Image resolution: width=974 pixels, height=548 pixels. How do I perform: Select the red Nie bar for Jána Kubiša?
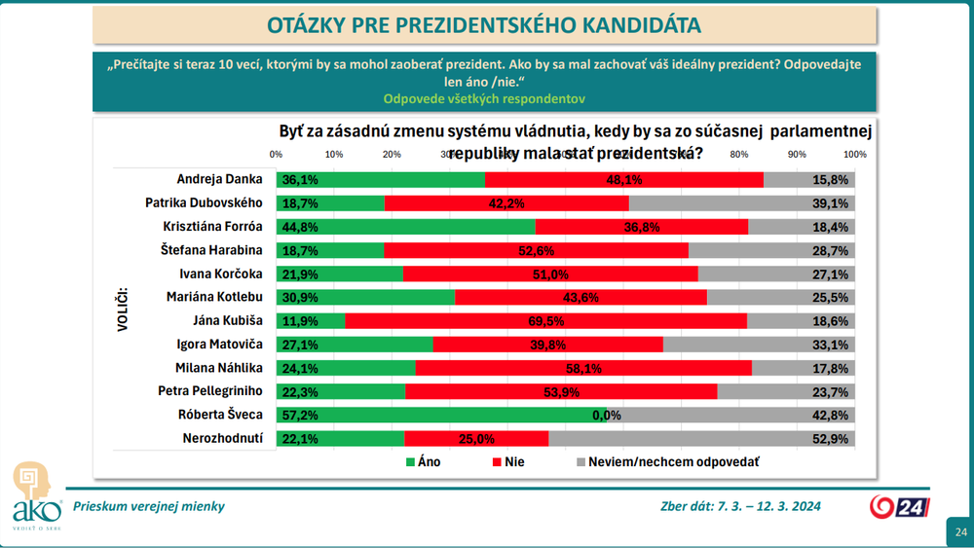(545, 320)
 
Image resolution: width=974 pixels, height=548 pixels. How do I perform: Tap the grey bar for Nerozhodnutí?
(701, 438)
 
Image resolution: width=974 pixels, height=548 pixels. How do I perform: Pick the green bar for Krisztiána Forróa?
(405, 226)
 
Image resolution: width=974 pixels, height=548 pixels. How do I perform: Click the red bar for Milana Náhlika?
(583, 367)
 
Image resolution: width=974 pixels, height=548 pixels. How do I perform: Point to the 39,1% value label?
(837, 202)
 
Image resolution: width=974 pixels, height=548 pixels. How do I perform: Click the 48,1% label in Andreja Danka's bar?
(623, 179)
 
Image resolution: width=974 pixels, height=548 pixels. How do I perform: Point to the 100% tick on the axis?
(854, 155)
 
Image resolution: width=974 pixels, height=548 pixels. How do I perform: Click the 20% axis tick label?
(392, 155)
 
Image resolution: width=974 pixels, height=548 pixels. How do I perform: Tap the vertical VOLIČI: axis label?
(123, 309)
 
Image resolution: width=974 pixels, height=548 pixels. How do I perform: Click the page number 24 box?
(960, 531)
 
